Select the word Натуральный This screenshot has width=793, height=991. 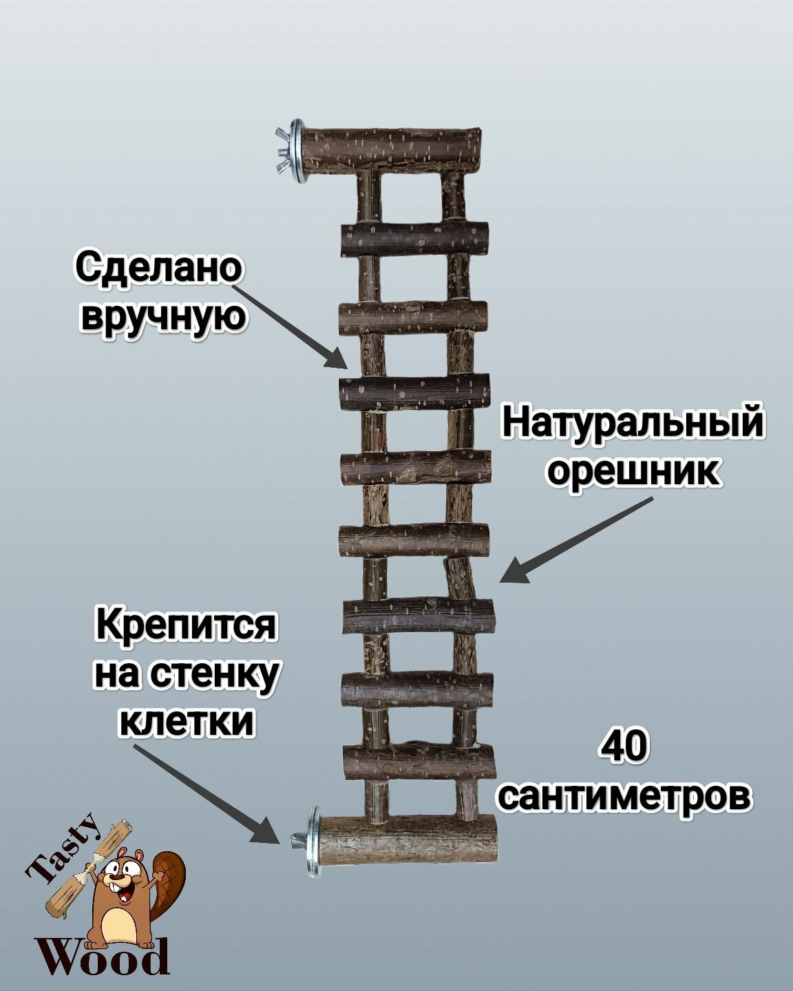click(633, 422)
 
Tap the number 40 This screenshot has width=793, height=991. click(624, 748)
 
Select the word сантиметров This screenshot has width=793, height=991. click(624, 796)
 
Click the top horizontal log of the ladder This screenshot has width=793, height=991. click(391, 149)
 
